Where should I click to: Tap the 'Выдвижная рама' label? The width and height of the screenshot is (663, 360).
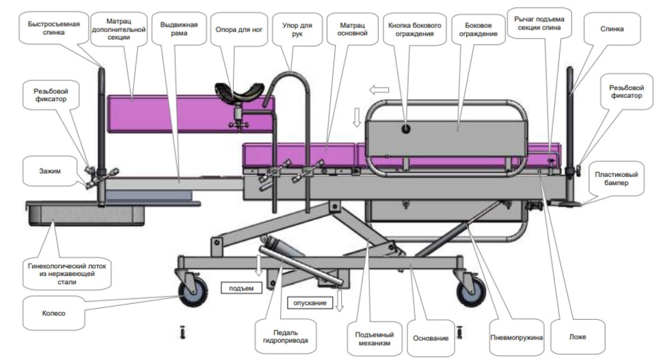pyautogui.click(x=179, y=29)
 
